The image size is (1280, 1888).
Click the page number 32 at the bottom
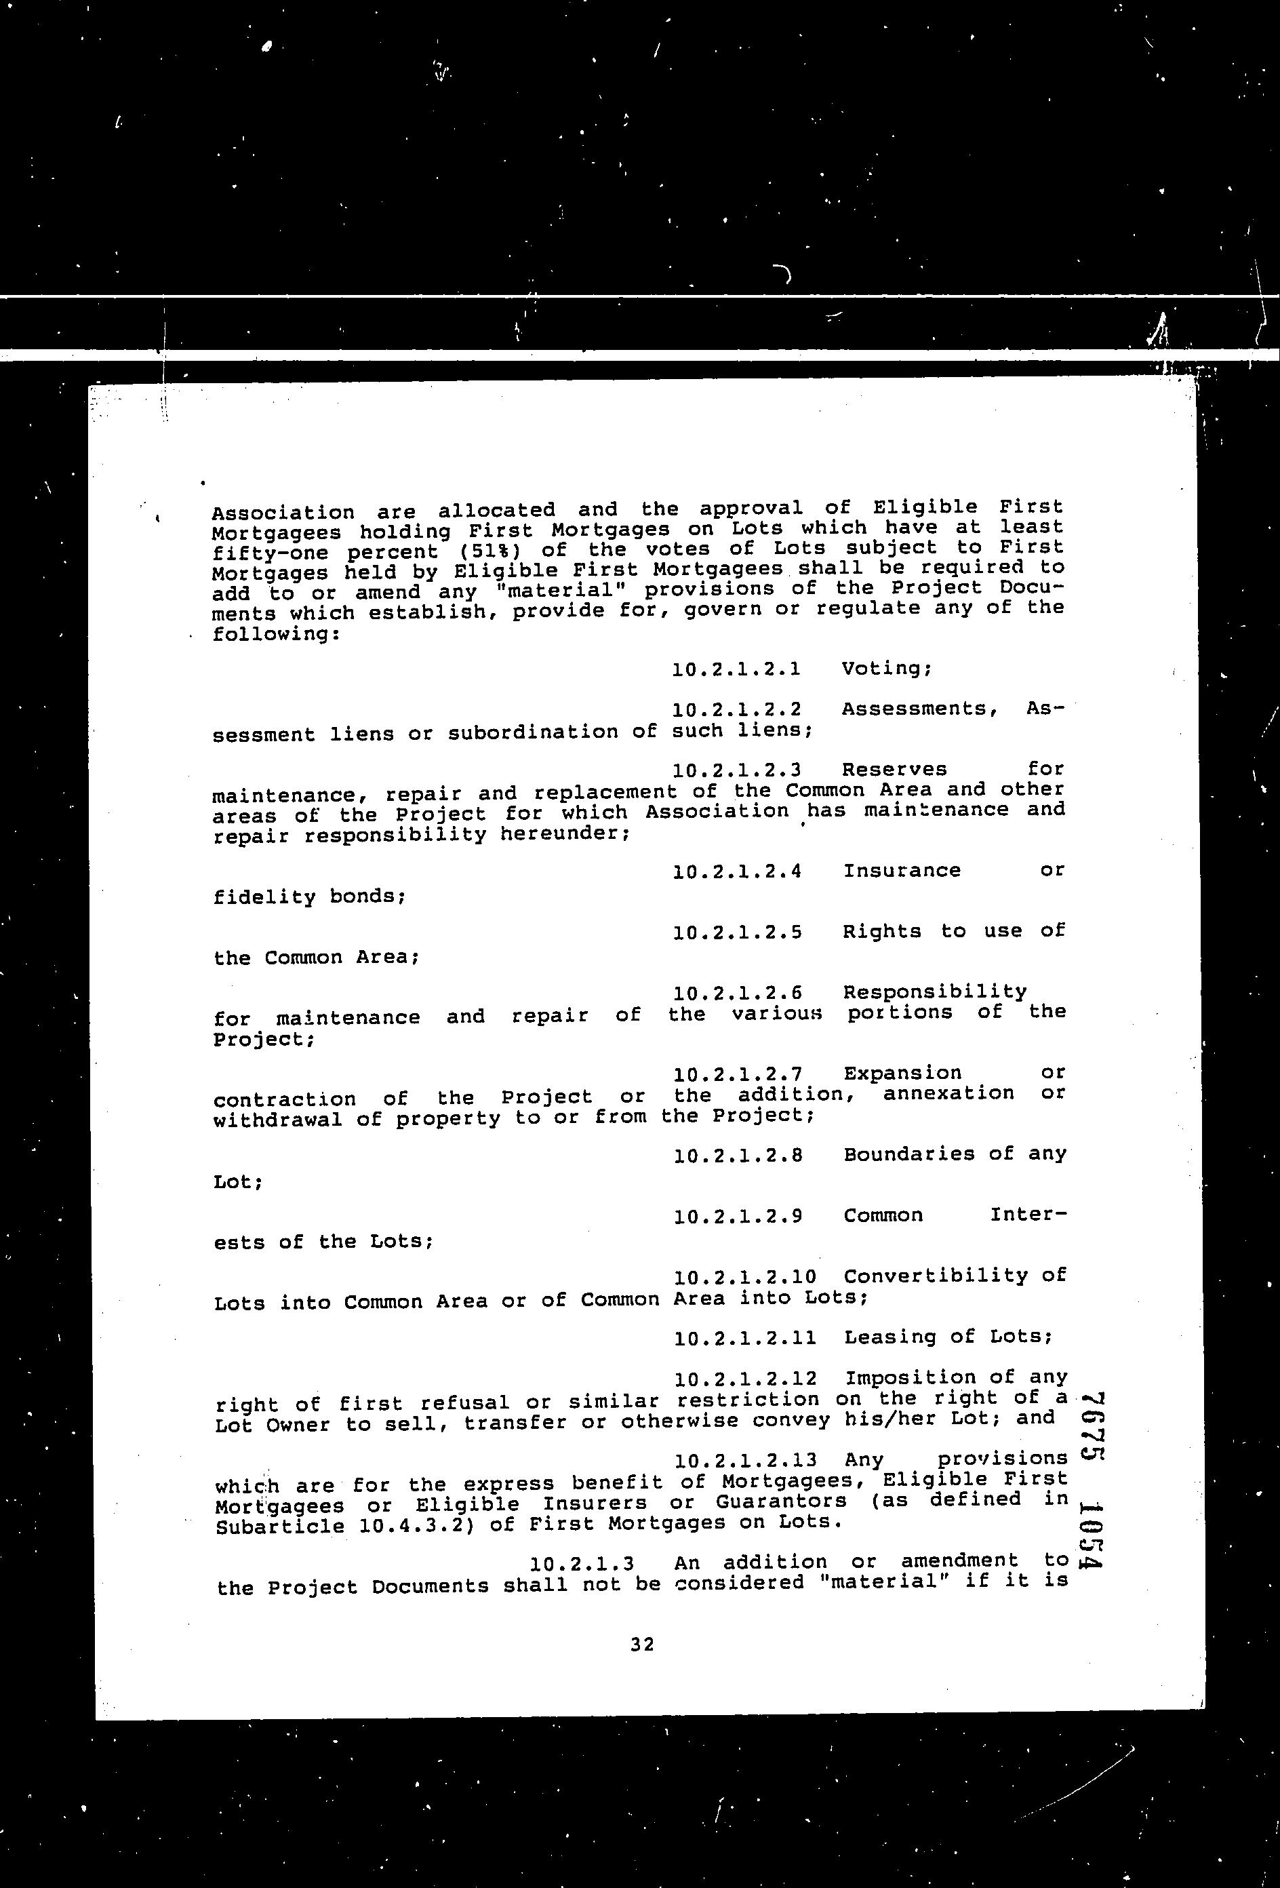pyautogui.click(x=641, y=1645)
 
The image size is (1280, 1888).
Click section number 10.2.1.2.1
pyautogui.click(x=737, y=669)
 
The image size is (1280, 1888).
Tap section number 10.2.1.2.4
pyautogui.click(x=738, y=871)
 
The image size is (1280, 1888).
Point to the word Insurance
pyautogui.click(x=902, y=871)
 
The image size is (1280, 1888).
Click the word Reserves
pyautogui.click(x=894, y=769)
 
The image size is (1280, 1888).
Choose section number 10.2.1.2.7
pyautogui.click(x=738, y=1075)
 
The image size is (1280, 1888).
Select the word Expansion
pyautogui.click(x=902, y=1073)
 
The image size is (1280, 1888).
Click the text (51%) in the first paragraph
pyautogui.click(x=483, y=551)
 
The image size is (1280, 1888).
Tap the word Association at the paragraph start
pyautogui.click(x=283, y=513)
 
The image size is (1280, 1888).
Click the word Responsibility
pyautogui.click(x=935, y=992)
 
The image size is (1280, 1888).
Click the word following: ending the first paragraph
pyautogui.click(x=275, y=633)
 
